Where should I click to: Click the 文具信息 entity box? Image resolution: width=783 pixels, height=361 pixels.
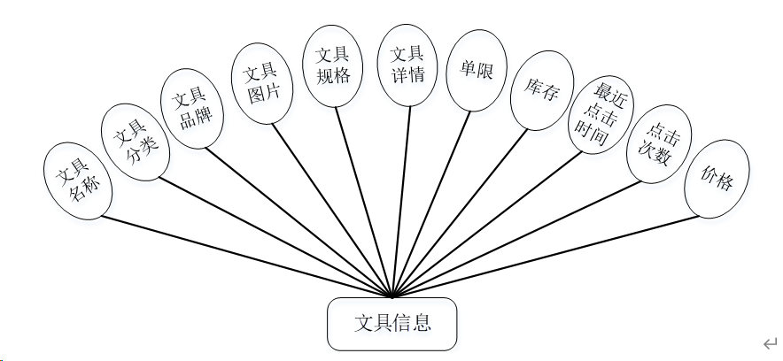pos(392,324)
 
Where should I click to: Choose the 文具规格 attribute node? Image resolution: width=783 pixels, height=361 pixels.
pos(333,65)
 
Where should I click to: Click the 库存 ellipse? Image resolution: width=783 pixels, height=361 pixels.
pos(541,91)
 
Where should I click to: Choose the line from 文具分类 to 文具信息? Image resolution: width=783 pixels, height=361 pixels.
pos(275,234)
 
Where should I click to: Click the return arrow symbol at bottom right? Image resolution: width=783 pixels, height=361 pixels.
pos(769,342)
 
